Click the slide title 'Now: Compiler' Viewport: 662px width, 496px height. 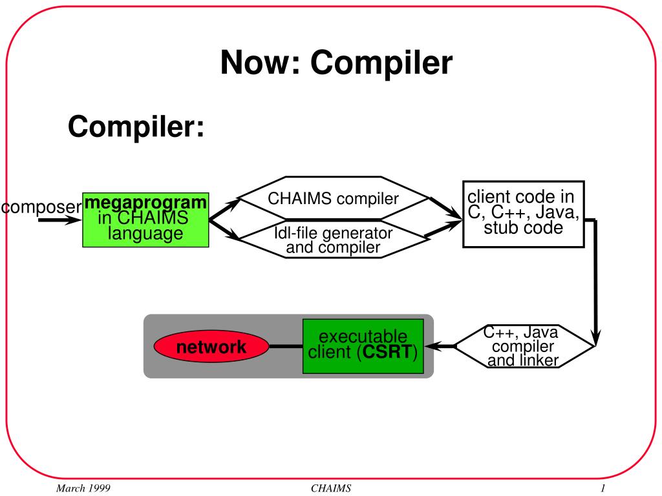click(x=336, y=63)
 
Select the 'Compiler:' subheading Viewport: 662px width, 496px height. click(x=136, y=127)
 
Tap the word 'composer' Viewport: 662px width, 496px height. click(x=41, y=207)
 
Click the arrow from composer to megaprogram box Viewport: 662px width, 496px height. click(x=60, y=220)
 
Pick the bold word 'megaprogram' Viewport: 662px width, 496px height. click(x=145, y=202)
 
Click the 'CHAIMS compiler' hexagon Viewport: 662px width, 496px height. click(x=333, y=198)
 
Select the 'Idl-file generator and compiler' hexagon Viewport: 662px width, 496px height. click(x=333, y=239)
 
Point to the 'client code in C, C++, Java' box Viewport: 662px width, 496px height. click(x=524, y=214)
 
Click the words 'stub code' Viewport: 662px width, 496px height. click(x=524, y=228)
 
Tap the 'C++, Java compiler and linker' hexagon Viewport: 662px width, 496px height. click(x=524, y=346)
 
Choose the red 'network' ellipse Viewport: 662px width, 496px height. click(x=211, y=347)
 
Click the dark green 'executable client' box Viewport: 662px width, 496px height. click(x=363, y=346)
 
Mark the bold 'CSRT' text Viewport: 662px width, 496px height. click(x=387, y=352)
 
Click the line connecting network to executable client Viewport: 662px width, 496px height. click(x=286, y=347)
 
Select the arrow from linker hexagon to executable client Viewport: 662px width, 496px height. click(x=440, y=346)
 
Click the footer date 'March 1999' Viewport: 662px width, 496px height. click(x=83, y=488)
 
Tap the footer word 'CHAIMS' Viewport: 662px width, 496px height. click(x=331, y=488)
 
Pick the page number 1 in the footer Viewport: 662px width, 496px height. click(x=603, y=488)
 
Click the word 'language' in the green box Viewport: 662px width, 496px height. click(x=145, y=233)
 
